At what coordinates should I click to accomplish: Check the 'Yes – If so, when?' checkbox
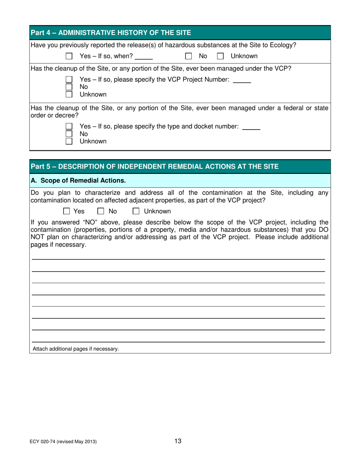click(x=69, y=56)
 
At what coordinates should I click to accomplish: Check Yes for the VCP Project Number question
click(x=69, y=80)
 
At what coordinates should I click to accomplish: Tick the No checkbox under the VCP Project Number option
click(x=69, y=87)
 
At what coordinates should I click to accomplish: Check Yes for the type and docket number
click(x=69, y=127)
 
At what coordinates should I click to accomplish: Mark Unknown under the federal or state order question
click(x=69, y=141)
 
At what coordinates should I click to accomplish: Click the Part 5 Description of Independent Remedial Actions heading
click(x=155, y=166)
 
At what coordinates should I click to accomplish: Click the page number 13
click(x=178, y=441)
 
